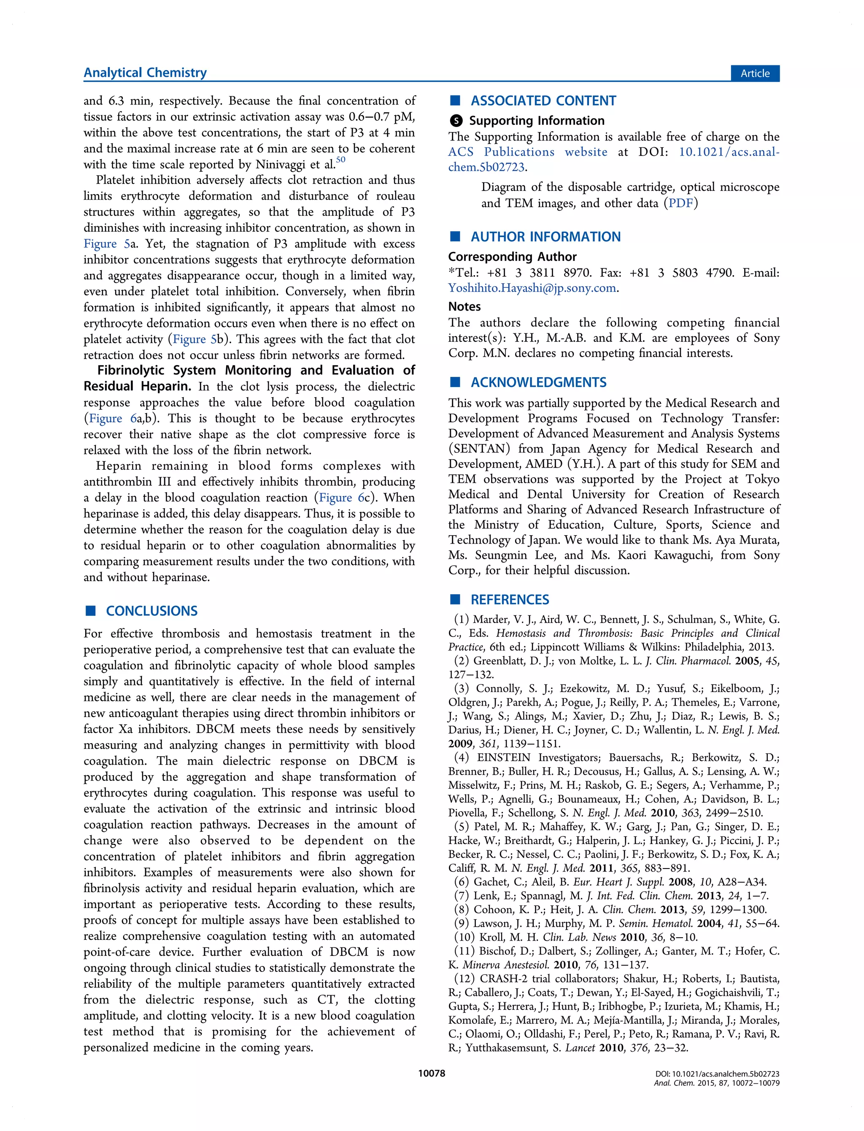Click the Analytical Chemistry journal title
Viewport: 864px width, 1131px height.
tap(145, 73)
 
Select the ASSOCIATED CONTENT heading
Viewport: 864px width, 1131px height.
tap(543, 101)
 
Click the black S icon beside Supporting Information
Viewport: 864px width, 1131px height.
tap(456, 121)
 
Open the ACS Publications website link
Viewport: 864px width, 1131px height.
tap(527, 152)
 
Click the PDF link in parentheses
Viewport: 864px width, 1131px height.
tap(680, 203)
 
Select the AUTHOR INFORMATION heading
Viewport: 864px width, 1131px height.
tap(545, 237)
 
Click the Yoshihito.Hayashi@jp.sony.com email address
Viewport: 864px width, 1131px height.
tap(532, 288)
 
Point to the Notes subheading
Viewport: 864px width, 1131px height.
tap(464, 306)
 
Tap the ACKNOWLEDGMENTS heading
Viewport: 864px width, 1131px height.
tap(538, 382)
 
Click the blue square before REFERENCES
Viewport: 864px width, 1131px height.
tap(455, 599)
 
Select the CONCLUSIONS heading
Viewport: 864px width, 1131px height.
tap(152, 611)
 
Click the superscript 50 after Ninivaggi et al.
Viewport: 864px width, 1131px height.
tap(340, 160)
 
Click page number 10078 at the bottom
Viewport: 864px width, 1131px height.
tap(432, 1074)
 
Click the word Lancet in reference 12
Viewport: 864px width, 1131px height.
tap(580, 1048)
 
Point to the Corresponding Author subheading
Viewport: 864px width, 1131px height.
tap(512, 257)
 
